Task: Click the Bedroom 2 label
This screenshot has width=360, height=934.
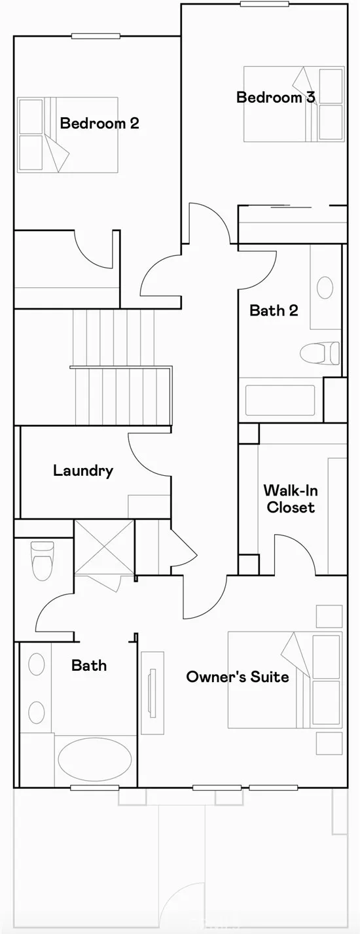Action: [99, 124]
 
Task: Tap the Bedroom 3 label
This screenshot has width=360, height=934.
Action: [276, 98]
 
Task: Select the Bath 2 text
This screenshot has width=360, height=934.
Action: [274, 310]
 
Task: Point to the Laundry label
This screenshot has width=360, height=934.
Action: [83, 471]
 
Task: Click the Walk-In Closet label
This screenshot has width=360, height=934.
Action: [291, 499]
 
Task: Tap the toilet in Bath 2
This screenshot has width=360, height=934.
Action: [319, 353]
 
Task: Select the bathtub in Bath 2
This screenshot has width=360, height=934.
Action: [280, 401]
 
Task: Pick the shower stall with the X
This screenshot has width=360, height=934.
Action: [104, 547]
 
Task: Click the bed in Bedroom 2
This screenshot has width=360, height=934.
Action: [67, 135]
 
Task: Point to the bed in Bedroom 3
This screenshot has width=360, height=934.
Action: [294, 104]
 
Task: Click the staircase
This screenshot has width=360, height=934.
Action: [121, 367]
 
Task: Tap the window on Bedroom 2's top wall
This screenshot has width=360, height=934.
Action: [96, 36]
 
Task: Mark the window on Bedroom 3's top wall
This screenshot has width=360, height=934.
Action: [264, 4]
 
